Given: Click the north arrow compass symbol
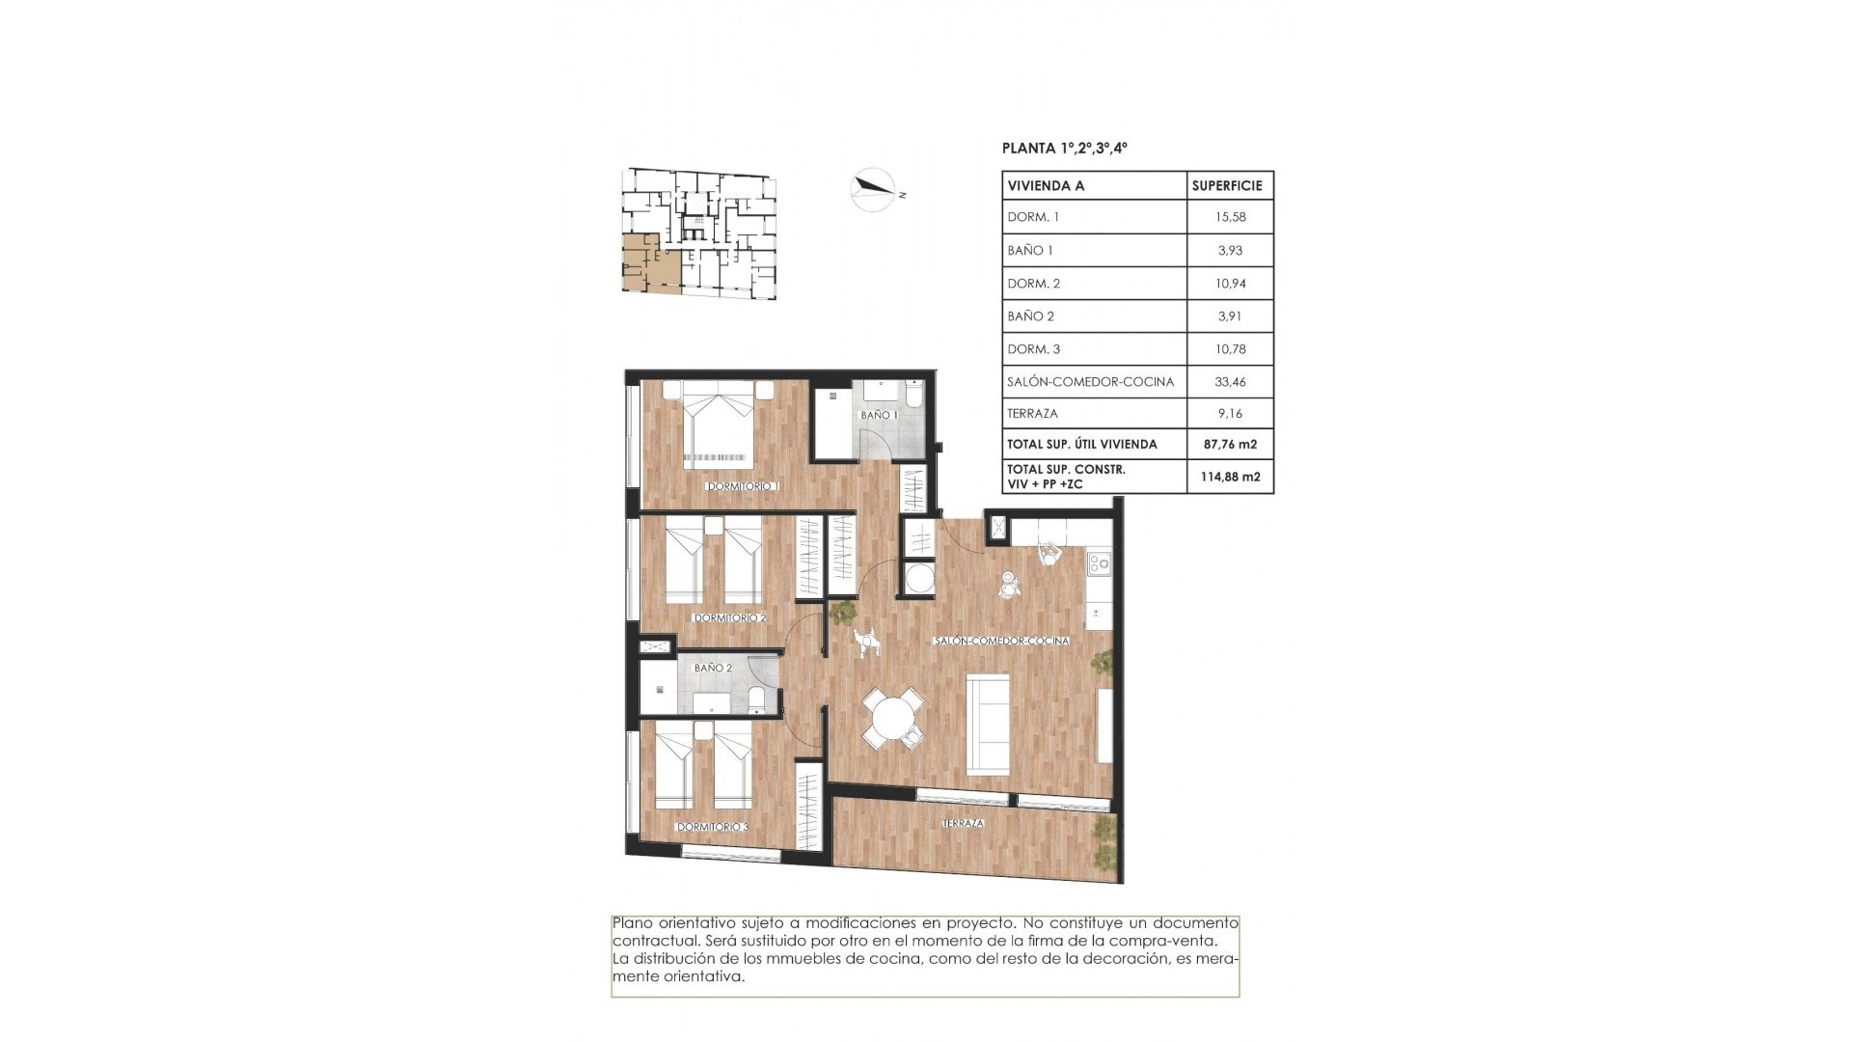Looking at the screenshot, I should (x=874, y=189).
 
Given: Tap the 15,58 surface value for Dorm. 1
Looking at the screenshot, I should (x=1230, y=217).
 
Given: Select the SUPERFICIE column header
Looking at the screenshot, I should (x=1227, y=185).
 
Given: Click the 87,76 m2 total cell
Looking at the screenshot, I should (x=1230, y=445).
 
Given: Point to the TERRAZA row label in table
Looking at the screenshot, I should (x=1033, y=414).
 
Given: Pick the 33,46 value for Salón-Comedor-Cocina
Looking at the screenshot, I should (x=1230, y=382).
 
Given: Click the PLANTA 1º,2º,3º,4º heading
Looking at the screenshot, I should (x=1065, y=149).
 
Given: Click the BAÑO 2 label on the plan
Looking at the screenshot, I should (x=713, y=668).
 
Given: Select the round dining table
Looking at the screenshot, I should (x=892, y=719).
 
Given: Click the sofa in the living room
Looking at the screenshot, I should (x=989, y=723).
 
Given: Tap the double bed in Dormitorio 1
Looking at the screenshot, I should (x=718, y=425).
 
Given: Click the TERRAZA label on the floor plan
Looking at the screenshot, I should (x=963, y=823).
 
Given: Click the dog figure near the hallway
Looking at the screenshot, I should (x=866, y=642).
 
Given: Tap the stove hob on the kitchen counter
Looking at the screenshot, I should (x=1099, y=562).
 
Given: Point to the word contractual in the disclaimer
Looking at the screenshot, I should (x=651, y=941).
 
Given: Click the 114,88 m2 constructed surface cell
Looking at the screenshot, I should (x=1230, y=477).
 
